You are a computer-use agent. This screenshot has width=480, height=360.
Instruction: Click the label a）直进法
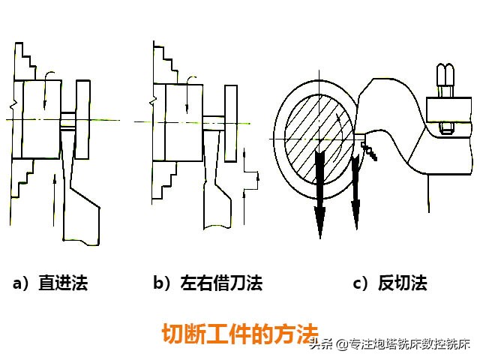(x=50, y=283)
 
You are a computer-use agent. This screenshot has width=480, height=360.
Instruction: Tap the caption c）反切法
(x=390, y=283)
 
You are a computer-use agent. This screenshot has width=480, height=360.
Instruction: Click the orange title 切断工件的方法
(x=240, y=334)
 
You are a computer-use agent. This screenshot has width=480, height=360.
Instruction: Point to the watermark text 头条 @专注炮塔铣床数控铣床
(x=389, y=345)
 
